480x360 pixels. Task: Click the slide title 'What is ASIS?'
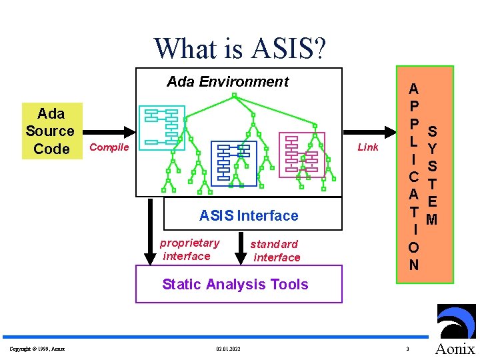(240, 48)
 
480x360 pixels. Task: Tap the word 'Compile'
(109, 147)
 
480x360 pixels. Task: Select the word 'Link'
(367, 147)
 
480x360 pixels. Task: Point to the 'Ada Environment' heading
(227, 82)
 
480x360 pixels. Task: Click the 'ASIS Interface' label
(249, 215)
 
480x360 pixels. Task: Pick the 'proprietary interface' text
(189, 249)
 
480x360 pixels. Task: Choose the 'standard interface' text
(275, 251)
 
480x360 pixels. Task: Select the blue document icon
(233, 163)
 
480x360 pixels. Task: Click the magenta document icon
(301, 154)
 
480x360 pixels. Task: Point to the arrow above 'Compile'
(109, 131)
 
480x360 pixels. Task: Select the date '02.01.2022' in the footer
(229, 349)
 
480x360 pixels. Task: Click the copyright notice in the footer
(37, 349)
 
